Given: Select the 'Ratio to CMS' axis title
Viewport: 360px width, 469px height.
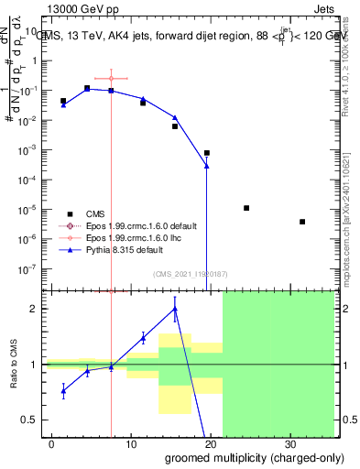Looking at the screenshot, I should tap(15, 365).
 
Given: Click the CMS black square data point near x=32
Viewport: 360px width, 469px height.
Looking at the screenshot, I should tap(302, 222).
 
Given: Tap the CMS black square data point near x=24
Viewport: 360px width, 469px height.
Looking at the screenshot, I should tap(246, 208).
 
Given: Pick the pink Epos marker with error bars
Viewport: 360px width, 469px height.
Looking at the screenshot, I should tap(111, 79).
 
